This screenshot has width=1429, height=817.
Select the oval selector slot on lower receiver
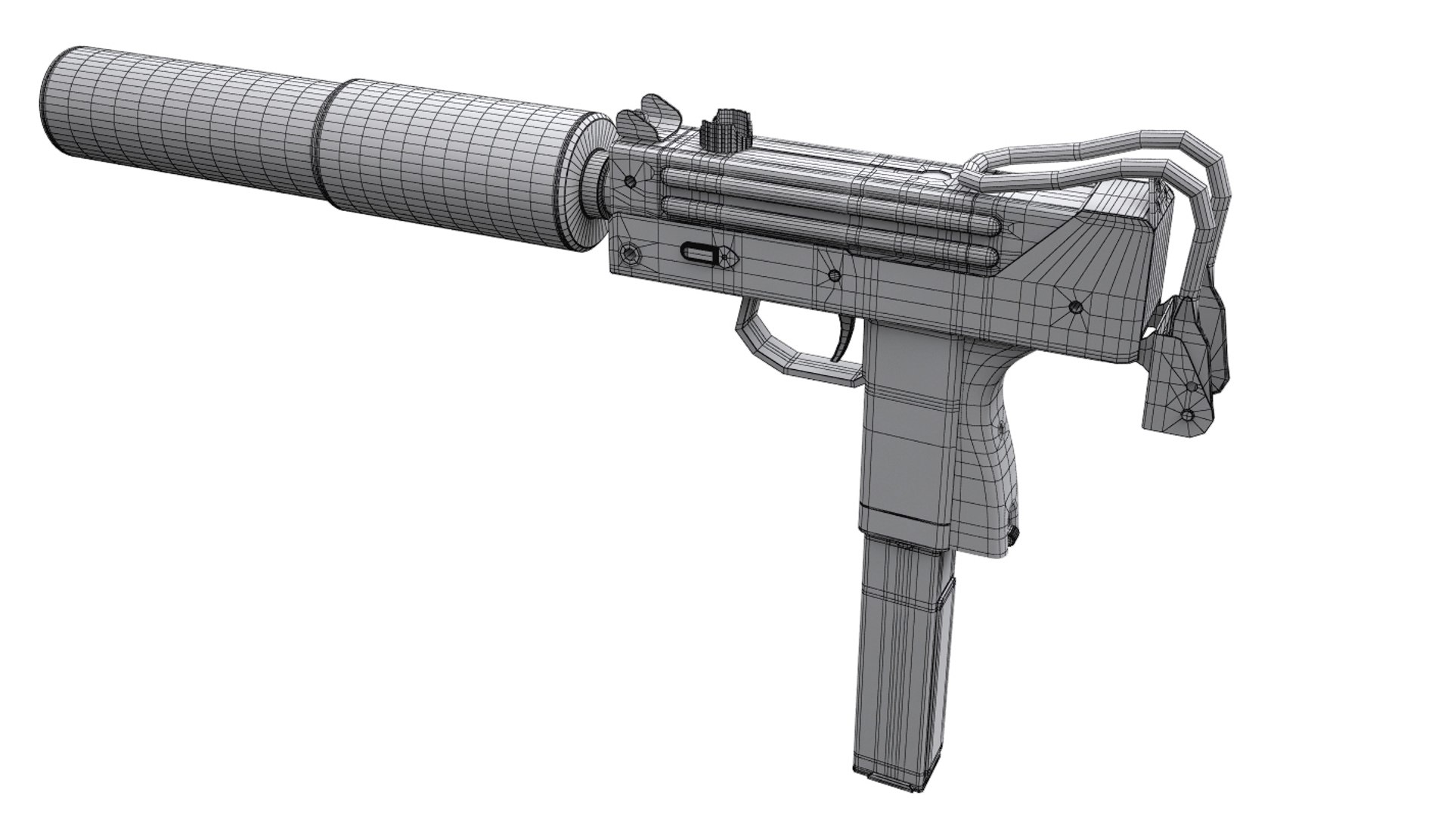click(700, 253)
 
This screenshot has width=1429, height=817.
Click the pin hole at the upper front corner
click(630, 182)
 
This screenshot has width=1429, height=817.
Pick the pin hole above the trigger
click(834, 276)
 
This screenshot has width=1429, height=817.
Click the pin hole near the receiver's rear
click(1074, 306)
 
